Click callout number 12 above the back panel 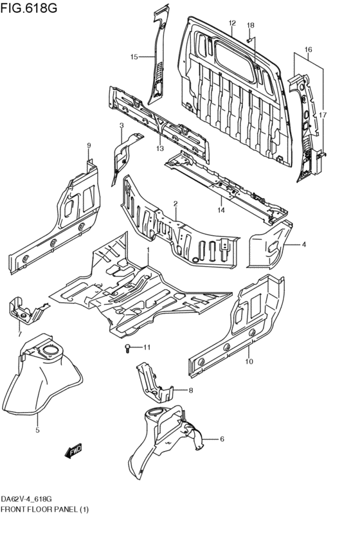point(232,24)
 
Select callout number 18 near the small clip point(251,25)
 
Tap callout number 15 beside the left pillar point(134,57)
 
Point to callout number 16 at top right point(308,49)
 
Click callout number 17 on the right point(323,115)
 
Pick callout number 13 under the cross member point(160,148)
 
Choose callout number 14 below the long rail point(221,210)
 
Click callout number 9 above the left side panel point(89,145)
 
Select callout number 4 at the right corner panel point(304,244)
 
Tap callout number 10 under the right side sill point(249,361)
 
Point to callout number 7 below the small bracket point(19,334)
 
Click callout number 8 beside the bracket point(191,390)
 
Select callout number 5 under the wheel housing point(37,430)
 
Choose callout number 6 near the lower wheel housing point(222,439)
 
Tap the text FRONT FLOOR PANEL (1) point(45,509)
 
